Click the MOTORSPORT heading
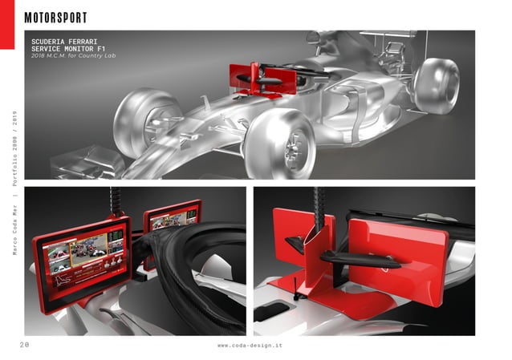[x=55, y=18]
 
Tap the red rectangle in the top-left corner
[x=7, y=24]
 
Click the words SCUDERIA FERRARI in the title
[x=65, y=38]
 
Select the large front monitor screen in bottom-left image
[x=82, y=253]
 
